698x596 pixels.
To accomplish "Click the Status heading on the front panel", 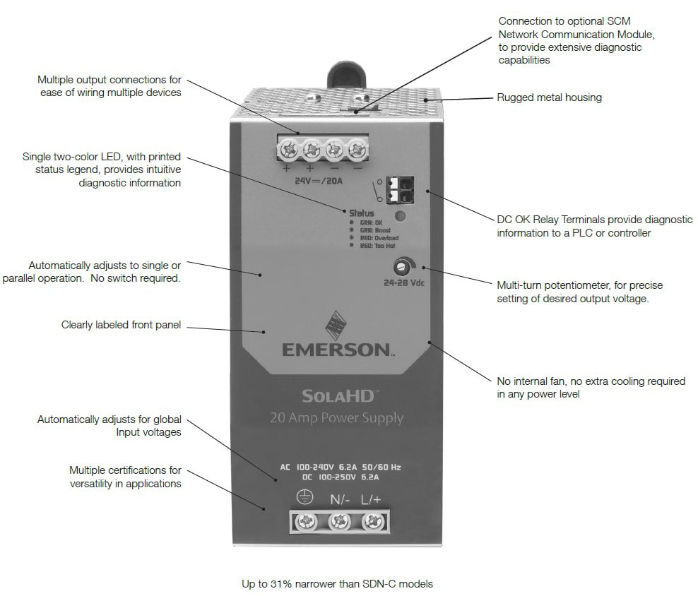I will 362,213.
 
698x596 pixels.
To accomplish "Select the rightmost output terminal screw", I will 358,150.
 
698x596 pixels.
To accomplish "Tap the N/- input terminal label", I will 341,500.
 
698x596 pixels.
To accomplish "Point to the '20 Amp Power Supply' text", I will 336,418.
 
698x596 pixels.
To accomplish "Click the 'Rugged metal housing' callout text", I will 550,97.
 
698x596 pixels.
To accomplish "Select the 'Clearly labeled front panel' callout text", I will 121,325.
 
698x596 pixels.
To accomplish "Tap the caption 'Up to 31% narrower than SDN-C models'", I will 336,583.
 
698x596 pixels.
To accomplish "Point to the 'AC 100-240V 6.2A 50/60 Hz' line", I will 341,467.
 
